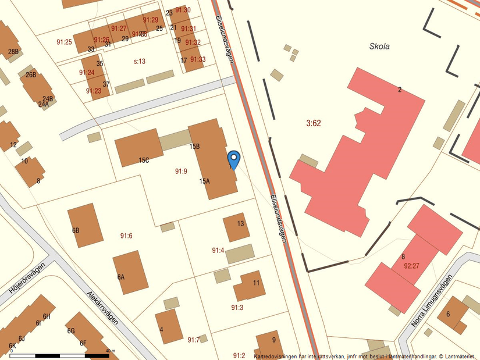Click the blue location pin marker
233,158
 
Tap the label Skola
379,47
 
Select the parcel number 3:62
314,123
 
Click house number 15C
144,160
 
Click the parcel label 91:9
181,171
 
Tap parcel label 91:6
126,236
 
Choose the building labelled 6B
85,226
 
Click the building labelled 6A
130,272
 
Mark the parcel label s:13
139,61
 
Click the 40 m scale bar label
110,350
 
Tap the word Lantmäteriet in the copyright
460,356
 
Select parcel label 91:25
64,42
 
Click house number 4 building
168,326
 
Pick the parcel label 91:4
218,250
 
